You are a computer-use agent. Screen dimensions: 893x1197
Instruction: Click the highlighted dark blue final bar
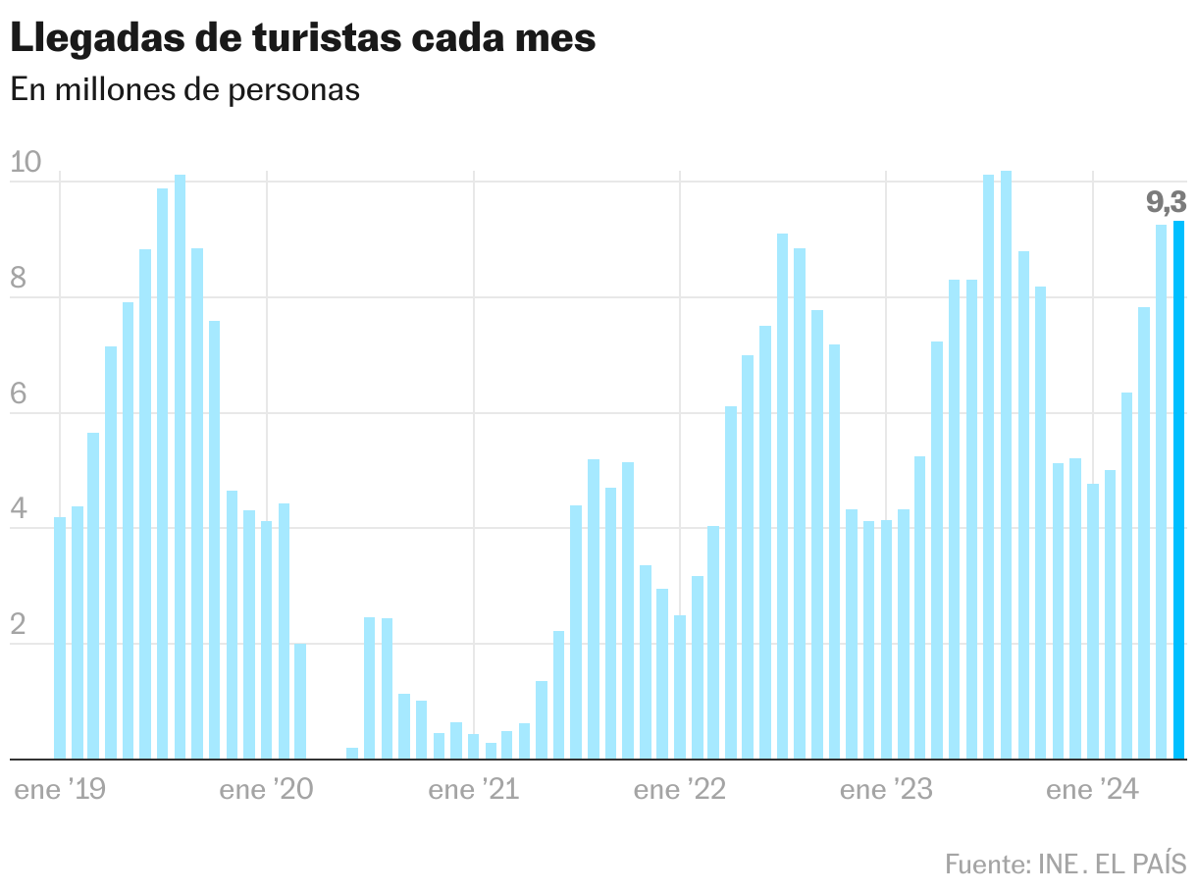(1178, 491)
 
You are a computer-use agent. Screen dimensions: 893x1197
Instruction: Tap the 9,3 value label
(1166, 203)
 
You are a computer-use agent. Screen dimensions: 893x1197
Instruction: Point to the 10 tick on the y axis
(26, 164)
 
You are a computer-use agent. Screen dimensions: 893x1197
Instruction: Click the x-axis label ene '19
(60, 790)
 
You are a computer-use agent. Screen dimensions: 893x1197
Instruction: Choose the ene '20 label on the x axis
(267, 790)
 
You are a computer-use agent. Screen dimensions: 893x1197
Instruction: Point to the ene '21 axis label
(474, 790)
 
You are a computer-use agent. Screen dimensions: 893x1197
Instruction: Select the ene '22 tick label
(680, 790)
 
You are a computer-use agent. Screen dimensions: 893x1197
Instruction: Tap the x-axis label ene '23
(886, 790)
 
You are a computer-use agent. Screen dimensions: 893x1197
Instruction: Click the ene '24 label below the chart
(1092, 790)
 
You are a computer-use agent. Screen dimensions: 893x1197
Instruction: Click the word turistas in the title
(324, 39)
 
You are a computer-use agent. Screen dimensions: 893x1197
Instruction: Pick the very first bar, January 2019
(60, 638)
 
